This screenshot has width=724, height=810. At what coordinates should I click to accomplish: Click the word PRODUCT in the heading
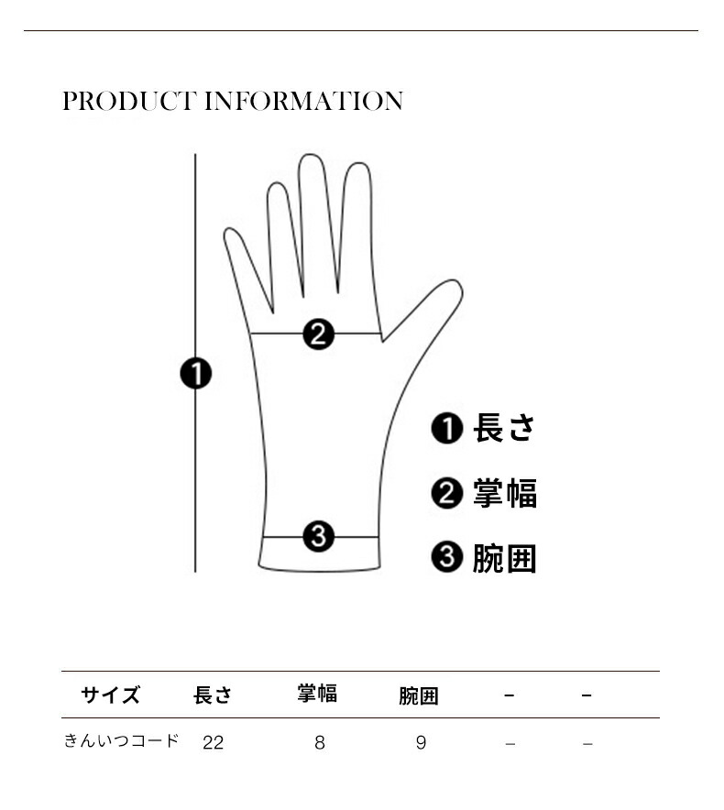tap(130, 101)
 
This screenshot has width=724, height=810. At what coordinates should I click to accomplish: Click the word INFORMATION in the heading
tap(304, 101)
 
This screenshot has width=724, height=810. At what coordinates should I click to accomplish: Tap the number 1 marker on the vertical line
tap(196, 374)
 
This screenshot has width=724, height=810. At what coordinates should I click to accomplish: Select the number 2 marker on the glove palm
tap(318, 334)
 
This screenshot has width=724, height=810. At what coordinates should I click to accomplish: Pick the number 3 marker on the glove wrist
tap(318, 536)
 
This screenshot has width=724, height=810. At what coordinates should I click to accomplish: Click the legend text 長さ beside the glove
tap(504, 428)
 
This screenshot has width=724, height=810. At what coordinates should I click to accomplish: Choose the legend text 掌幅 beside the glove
tap(505, 493)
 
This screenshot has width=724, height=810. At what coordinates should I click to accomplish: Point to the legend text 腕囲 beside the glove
tap(504, 558)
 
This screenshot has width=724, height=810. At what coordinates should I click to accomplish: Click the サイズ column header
tap(110, 695)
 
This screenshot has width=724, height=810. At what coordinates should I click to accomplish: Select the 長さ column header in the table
tap(213, 695)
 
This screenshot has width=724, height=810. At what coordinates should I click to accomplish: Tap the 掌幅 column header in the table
tap(317, 694)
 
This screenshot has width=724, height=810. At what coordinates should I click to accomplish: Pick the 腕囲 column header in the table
tap(419, 695)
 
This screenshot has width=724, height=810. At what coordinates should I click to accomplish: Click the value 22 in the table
tap(213, 743)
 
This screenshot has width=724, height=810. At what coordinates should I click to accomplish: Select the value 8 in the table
tap(319, 743)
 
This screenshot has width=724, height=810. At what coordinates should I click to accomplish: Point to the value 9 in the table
tap(422, 743)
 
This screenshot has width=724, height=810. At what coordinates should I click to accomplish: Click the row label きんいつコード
tap(121, 740)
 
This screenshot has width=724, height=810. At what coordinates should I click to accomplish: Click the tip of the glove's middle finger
tap(311, 154)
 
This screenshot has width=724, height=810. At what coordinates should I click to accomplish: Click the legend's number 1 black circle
tap(446, 428)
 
